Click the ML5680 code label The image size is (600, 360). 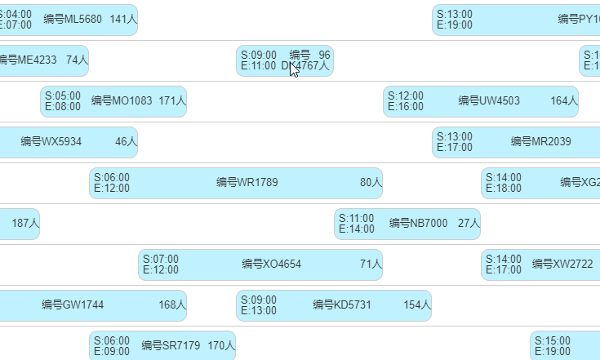[73, 20]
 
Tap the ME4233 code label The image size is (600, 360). [27, 60]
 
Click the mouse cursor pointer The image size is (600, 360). [294, 68]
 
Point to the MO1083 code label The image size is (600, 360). [122, 101]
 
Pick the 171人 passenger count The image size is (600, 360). [172, 101]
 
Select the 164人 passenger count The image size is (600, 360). [564, 101]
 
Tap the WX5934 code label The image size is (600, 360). [51, 142]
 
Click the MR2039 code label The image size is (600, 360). [541, 142]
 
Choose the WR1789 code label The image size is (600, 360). [247, 183]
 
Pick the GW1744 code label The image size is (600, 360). [73, 305]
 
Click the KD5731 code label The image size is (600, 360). [342, 305]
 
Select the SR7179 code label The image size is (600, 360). [171, 346]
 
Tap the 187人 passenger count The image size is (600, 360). [25, 224]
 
